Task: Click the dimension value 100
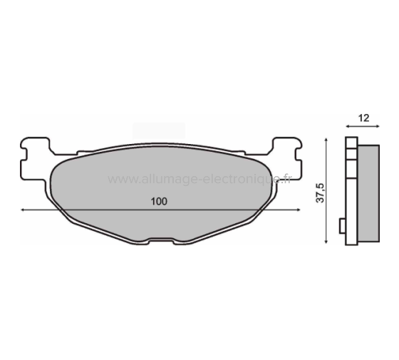pos(159,202)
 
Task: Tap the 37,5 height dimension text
pos(321,192)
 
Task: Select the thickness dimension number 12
pos(363,119)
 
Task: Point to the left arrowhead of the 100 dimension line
pos(24,210)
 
